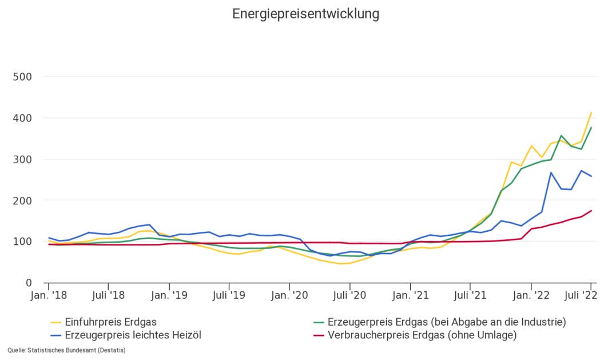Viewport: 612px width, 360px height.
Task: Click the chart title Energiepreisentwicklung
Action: pyautogui.click(x=305, y=14)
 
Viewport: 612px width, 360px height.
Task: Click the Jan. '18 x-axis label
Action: pyautogui.click(x=49, y=296)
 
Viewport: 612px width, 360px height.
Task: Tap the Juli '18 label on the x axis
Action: pyautogui.click(x=108, y=296)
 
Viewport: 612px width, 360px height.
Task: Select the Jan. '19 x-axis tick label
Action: pyautogui.click(x=169, y=296)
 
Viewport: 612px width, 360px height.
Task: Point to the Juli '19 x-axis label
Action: pyautogui.click(x=229, y=296)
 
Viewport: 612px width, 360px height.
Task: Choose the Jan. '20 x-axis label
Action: pyautogui.click(x=289, y=296)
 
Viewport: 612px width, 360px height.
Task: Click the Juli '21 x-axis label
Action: pyautogui.click(x=470, y=296)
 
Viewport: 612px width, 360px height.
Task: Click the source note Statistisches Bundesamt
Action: pyautogui.click(x=66, y=350)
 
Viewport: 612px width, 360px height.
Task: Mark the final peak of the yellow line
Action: pyautogui.click(x=591, y=113)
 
